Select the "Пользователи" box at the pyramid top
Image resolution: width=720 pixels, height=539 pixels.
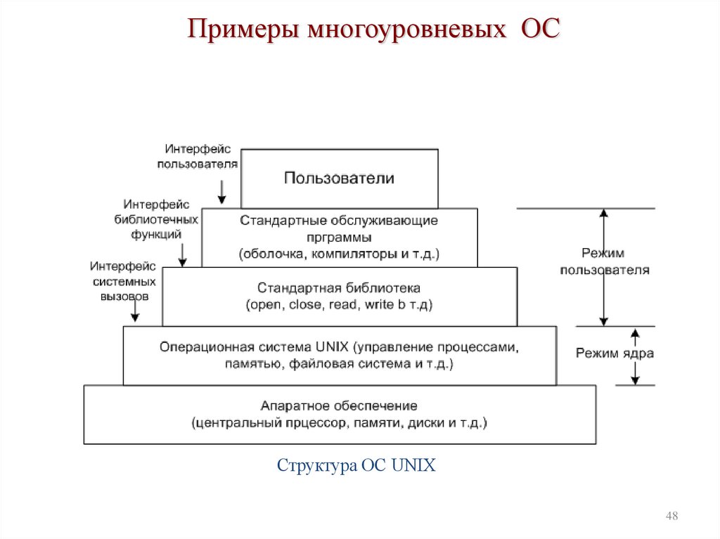click(x=340, y=178)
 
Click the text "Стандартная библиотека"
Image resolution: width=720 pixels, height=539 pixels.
click(x=339, y=288)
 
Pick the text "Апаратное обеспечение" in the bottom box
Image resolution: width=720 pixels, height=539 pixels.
click(x=339, y=406)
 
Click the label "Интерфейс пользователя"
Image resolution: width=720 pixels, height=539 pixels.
click(x=198, y=157)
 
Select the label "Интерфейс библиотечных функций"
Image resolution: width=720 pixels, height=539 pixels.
click(x=156, y=219)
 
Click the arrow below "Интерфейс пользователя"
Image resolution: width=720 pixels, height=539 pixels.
click(x=221, y=191)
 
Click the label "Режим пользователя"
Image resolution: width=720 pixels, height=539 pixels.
click(x=604, y=261)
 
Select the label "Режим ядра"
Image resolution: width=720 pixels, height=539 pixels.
click(x=614, y=353)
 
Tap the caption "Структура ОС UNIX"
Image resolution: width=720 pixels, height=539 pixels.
click(x=356, y=466)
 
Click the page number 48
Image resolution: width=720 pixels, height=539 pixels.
click(x=671, y=517)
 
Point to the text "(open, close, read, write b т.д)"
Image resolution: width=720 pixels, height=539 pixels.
click(x=339, y=306)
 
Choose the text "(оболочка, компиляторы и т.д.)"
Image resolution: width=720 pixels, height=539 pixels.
click(x=339, y=254)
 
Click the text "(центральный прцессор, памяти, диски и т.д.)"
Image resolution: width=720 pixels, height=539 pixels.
click(x=339, y=423)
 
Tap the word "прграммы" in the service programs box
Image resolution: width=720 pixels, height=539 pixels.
click(x=340, y=238)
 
